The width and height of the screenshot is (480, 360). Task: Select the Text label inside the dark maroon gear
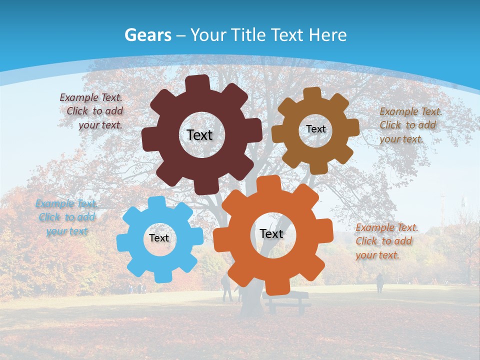199,135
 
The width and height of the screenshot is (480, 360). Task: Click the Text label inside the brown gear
315,129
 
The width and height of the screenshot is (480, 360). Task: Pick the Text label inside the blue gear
159,238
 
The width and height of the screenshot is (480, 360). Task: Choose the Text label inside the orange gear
271,234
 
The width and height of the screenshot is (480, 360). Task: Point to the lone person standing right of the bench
379,283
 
